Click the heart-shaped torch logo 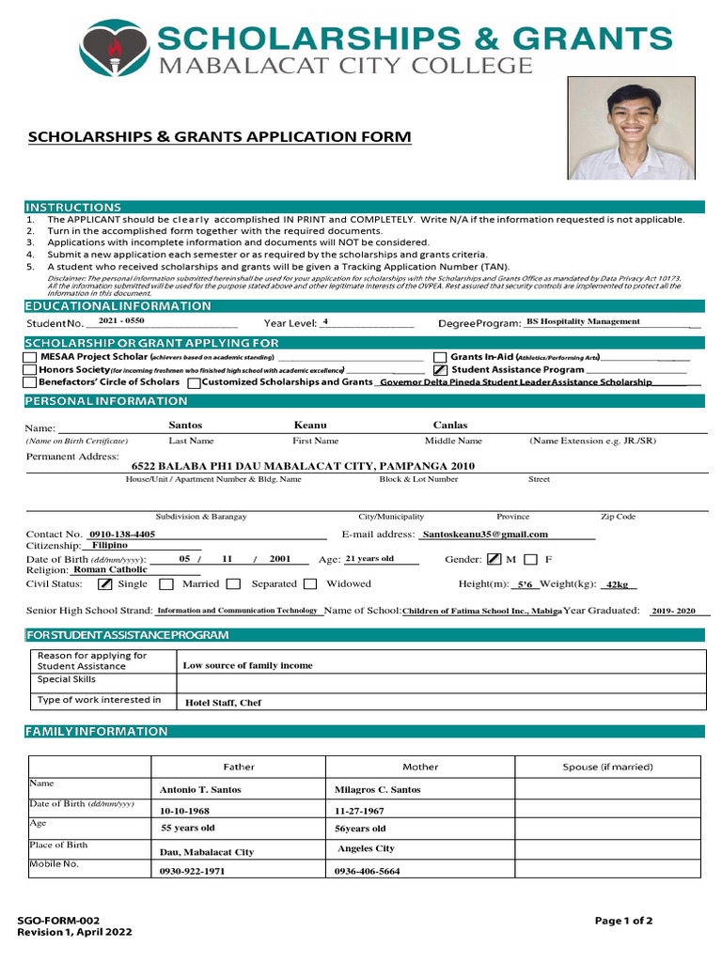coord(114,48)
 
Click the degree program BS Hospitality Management coord(583,321)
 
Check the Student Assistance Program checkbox coord(440,370)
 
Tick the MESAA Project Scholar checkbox coord(31,357)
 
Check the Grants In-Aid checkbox coord(440,357)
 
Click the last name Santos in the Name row coord(185,426)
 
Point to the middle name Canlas coord(450,426)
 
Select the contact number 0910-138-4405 coord(123,534)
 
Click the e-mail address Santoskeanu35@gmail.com coord(485,534)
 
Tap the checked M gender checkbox coord(494,560)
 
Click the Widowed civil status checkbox coord(310,584)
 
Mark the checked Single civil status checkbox coord(105,584)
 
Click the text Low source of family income coord(247,665)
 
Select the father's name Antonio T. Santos coord(200,790)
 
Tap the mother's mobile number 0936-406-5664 coord(367,872)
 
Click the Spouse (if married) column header coord(607,767)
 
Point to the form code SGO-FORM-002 coord(59,921)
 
